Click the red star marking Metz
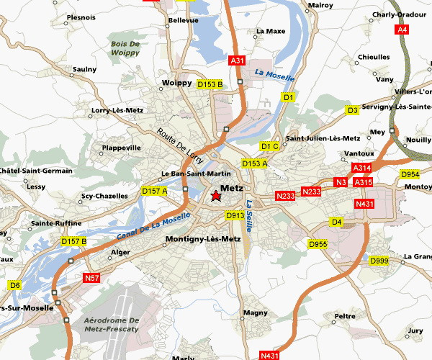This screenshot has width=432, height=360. (215, 196)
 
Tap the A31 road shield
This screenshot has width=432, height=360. (238, 61)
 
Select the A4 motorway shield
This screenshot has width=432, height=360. (402, 30)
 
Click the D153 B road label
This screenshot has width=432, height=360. (210, 84)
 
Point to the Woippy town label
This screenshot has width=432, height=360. (177, 83)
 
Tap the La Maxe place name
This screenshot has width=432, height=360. (271, 31)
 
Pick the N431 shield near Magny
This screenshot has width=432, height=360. (269, 355)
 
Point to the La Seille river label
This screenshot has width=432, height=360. (250, 215)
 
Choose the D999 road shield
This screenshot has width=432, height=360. (379, 260)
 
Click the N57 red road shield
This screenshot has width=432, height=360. (91, 278)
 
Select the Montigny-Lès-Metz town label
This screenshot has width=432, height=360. (203, 239)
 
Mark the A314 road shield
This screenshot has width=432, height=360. (361, 168)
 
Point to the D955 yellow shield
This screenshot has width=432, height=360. (318, 245)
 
